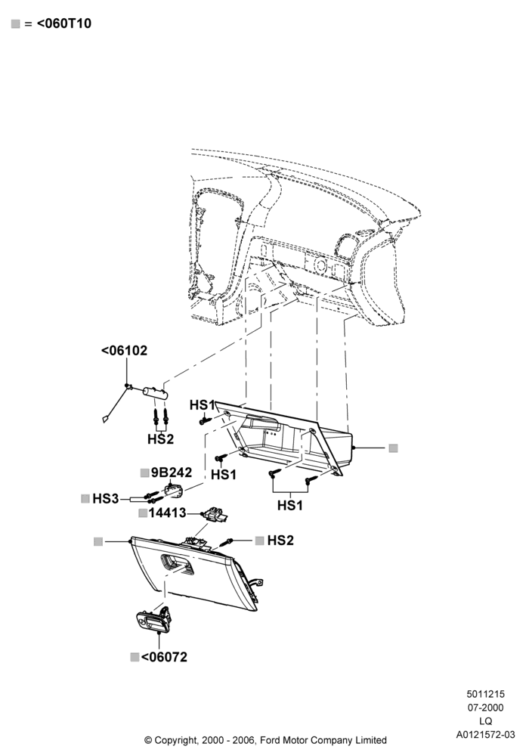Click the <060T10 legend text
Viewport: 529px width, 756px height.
click(x=64, y=23)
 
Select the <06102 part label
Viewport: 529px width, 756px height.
click(x=124, y=351)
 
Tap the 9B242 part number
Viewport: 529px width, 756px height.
click(x=172, y=472)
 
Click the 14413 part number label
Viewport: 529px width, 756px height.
click(x=167, y=513)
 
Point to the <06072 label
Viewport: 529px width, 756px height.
click(x=164, y=657)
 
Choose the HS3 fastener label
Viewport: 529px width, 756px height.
click(x=106, y=498)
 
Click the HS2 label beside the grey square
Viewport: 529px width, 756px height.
click(x=280, y=541)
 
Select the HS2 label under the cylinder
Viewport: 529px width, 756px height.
click(x=160, y=439)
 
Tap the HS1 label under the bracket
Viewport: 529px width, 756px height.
click(x=290, y=505)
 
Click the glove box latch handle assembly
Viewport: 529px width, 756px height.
click(x=153, y=620)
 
